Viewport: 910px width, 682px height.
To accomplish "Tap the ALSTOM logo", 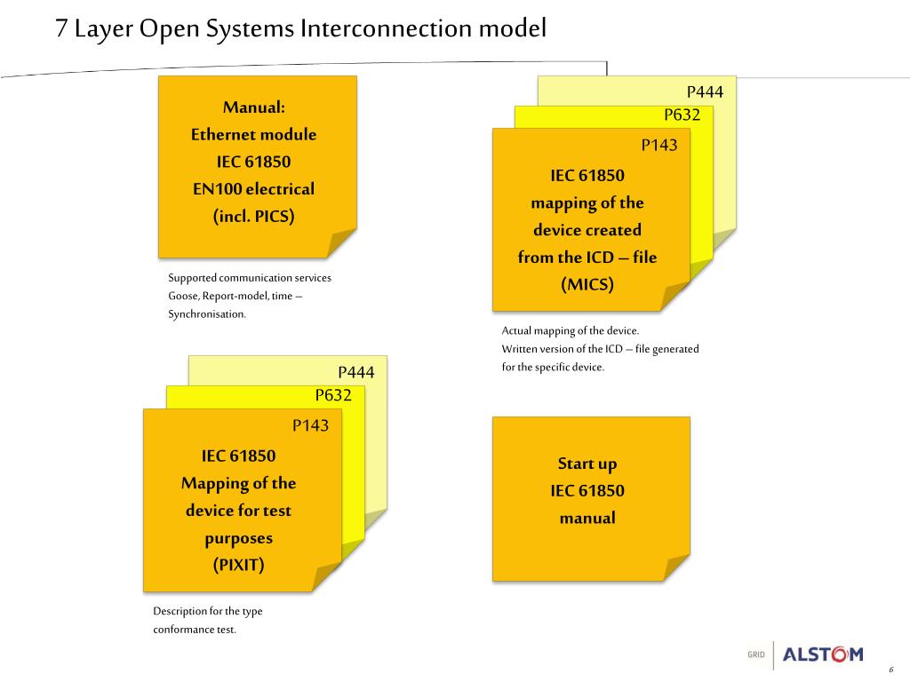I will pyautogui.click(x=822, y=654).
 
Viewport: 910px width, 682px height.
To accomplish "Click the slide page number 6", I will pyautogui.click(x=890, y=670).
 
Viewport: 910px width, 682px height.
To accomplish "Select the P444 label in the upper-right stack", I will pyautogui.click(x=705, y=92).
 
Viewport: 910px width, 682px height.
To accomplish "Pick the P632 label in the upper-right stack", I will pyautogui.click(x=682, y=115).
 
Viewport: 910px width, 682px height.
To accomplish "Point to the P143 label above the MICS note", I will pyautogui.click(x=659, y=145).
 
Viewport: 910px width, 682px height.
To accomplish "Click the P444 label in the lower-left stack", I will pyautogui.click(x=355, y=372).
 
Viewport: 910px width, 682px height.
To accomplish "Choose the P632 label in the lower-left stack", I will pyautogui.click(x=333, y=395).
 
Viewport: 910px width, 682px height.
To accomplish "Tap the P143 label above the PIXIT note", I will pyautogui.click(x=310, y=425).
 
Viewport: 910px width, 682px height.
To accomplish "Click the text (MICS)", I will pyautogui.click(x=587, y=285).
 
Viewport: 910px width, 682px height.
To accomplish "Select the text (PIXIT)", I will pyautogui.click(x=238, y=565).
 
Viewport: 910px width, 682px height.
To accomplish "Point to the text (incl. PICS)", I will pyautogui.click(x=253, y=216).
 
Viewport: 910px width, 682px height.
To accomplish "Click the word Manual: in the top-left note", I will pyautogui.click(x=253, y=107).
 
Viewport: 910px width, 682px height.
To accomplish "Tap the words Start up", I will pyautogui.click(x=587, y=464).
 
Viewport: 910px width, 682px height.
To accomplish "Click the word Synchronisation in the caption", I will pyautogui.click(x=207, y=314).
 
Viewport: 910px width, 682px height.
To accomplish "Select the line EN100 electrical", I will pyautogui.click(x=253, y=189).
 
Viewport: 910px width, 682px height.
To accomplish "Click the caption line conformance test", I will pyautogui.click(x=195, y=630).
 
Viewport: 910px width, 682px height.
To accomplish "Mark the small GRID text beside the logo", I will pyautogui.click(x=755, y=654).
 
